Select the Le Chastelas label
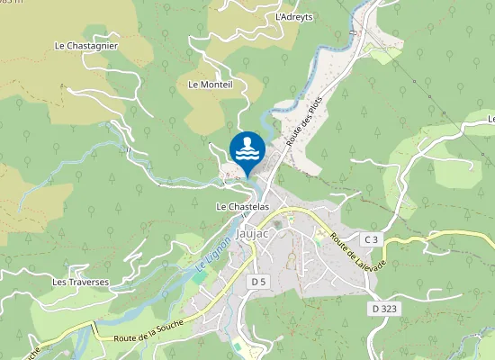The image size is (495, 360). pyautogui.click(x=243, y=206)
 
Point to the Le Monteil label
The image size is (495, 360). pyautogui.click(x=211, y=85)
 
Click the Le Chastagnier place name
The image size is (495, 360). pyautogui.click(x=86, y=45)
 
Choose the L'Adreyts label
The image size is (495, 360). pyautogui.click(x=293, y=16)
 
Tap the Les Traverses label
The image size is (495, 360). pyautogui.click(x=80, y=282)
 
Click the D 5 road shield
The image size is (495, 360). pyautogui.click(x=258, y=282)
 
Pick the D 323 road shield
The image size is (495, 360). pyautogui.click(x=384, y=309)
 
